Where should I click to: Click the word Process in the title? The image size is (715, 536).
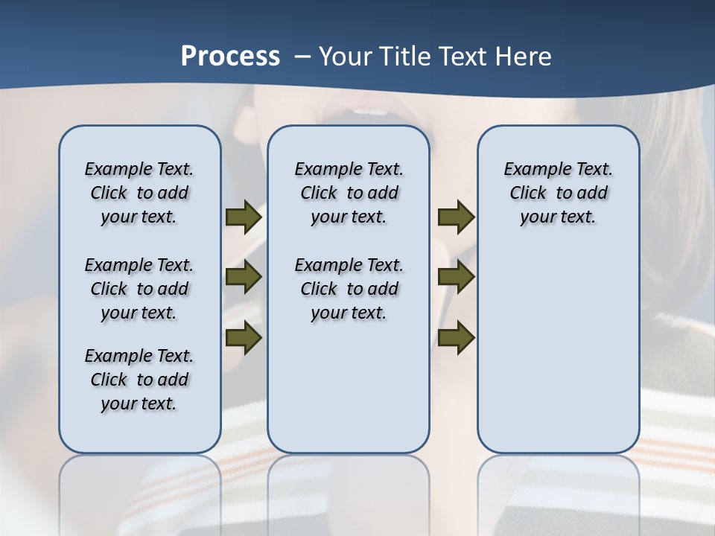click(230, 57)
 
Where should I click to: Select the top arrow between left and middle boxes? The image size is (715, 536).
click(244, 217)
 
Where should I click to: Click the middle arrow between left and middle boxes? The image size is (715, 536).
click(244, 277)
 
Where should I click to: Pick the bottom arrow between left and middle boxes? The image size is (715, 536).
click(244, 337)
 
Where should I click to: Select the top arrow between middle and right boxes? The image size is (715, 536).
click(456, 217)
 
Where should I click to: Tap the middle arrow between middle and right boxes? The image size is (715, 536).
click(456, 277)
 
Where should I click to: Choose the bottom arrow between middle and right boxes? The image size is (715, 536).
click(456, 337)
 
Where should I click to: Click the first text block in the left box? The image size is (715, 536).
click(139, 193)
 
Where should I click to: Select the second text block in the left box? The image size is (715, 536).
click(139, 289)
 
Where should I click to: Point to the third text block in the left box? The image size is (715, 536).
click(139, 380)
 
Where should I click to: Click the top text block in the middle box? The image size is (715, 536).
click(349, 193)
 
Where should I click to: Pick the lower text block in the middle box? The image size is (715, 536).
click(349, 289)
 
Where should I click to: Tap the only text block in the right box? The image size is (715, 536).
click(558, 193)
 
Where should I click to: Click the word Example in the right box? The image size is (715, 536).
click(532, 169)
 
